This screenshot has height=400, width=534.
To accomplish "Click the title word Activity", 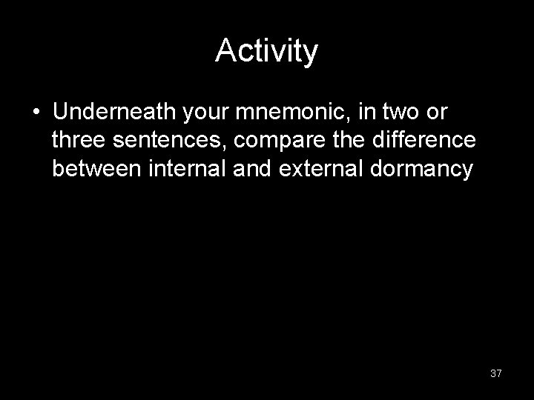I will click(266, 52).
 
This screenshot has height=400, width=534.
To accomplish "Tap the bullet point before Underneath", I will click(36, 113).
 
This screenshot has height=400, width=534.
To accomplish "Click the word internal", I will click(188, 170).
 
